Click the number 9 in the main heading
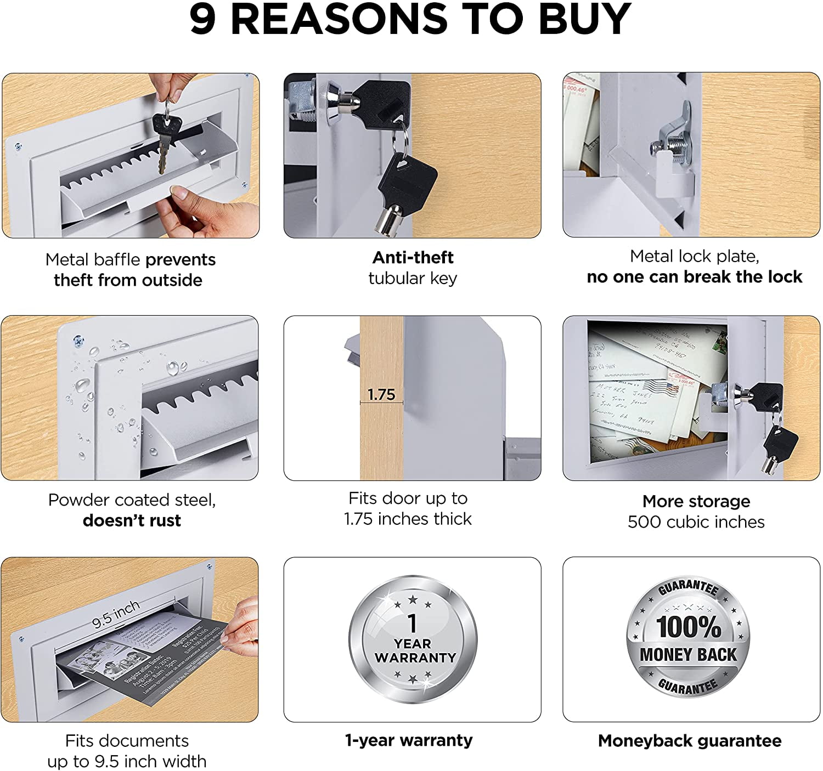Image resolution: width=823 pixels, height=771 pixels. coord(203,20)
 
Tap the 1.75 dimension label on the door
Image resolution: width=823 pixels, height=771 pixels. coord(381,394)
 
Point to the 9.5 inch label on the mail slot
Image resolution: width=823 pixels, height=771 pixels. coord(116,614)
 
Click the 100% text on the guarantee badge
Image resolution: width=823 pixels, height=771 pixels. coord(689,627)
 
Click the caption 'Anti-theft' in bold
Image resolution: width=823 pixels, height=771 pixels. coord(413,257)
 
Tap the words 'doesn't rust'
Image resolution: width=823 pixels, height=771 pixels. coord(132,520)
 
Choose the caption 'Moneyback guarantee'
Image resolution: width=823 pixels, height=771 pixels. coord(690,740)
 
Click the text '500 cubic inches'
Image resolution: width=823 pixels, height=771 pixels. coord(696,521)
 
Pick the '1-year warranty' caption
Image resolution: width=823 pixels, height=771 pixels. coord(409,740)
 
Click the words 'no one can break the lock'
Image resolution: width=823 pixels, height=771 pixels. coord(694,277)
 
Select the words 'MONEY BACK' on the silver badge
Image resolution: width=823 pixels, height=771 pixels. coord(688,655)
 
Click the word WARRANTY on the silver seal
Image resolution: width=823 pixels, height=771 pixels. coord(415,657)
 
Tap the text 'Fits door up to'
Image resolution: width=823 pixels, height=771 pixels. coord(408,498)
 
